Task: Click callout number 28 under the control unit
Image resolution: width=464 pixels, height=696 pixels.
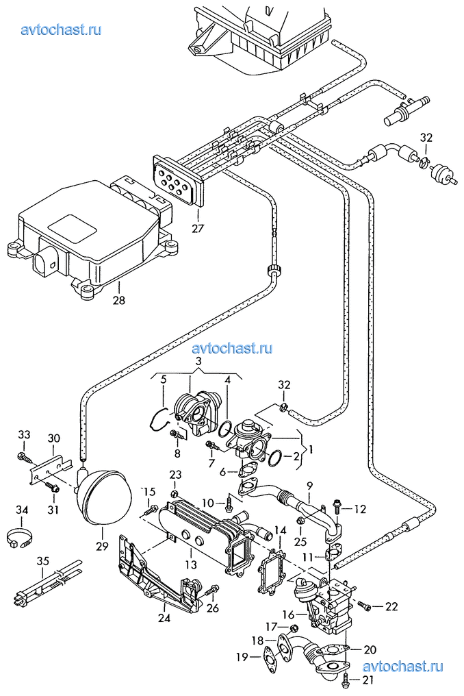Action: point(119,301)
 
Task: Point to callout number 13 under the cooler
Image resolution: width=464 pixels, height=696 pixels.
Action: point(191,564)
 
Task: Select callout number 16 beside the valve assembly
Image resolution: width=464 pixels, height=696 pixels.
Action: point(288,614)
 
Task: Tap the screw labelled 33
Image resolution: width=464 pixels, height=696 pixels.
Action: point(23,456)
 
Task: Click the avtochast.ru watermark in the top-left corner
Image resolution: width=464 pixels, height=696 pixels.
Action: point(61,29)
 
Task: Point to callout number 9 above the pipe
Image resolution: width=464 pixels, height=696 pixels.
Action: point(309,485)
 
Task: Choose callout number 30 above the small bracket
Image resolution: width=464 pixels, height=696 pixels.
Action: point(53,438)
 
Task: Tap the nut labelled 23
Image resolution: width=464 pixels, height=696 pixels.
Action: point(175,493)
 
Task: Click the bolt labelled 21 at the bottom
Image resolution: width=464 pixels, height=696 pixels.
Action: point(346,678)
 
